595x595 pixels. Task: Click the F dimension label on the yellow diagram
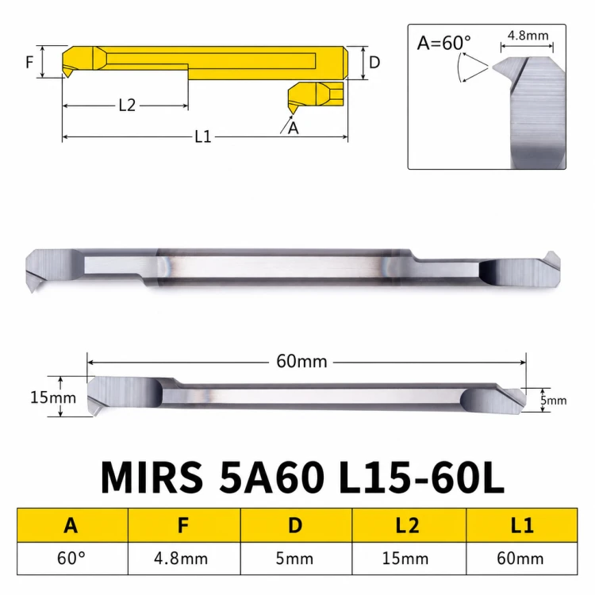[x=29, y=62]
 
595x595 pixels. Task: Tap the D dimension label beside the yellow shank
[x=374, y=63]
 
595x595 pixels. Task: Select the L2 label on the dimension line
[x=127, y=105]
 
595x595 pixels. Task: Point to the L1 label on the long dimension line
[x=202, y=136]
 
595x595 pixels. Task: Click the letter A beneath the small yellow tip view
[x=293, y=129]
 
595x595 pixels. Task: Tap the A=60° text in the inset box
[x=443, y=43]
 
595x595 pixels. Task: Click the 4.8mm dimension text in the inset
[x=528, y=36]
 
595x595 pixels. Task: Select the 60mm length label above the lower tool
[x=301, y=361]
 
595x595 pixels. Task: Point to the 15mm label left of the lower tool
[x=53, y=397]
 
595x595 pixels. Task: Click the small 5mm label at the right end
[x=553, y=401]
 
